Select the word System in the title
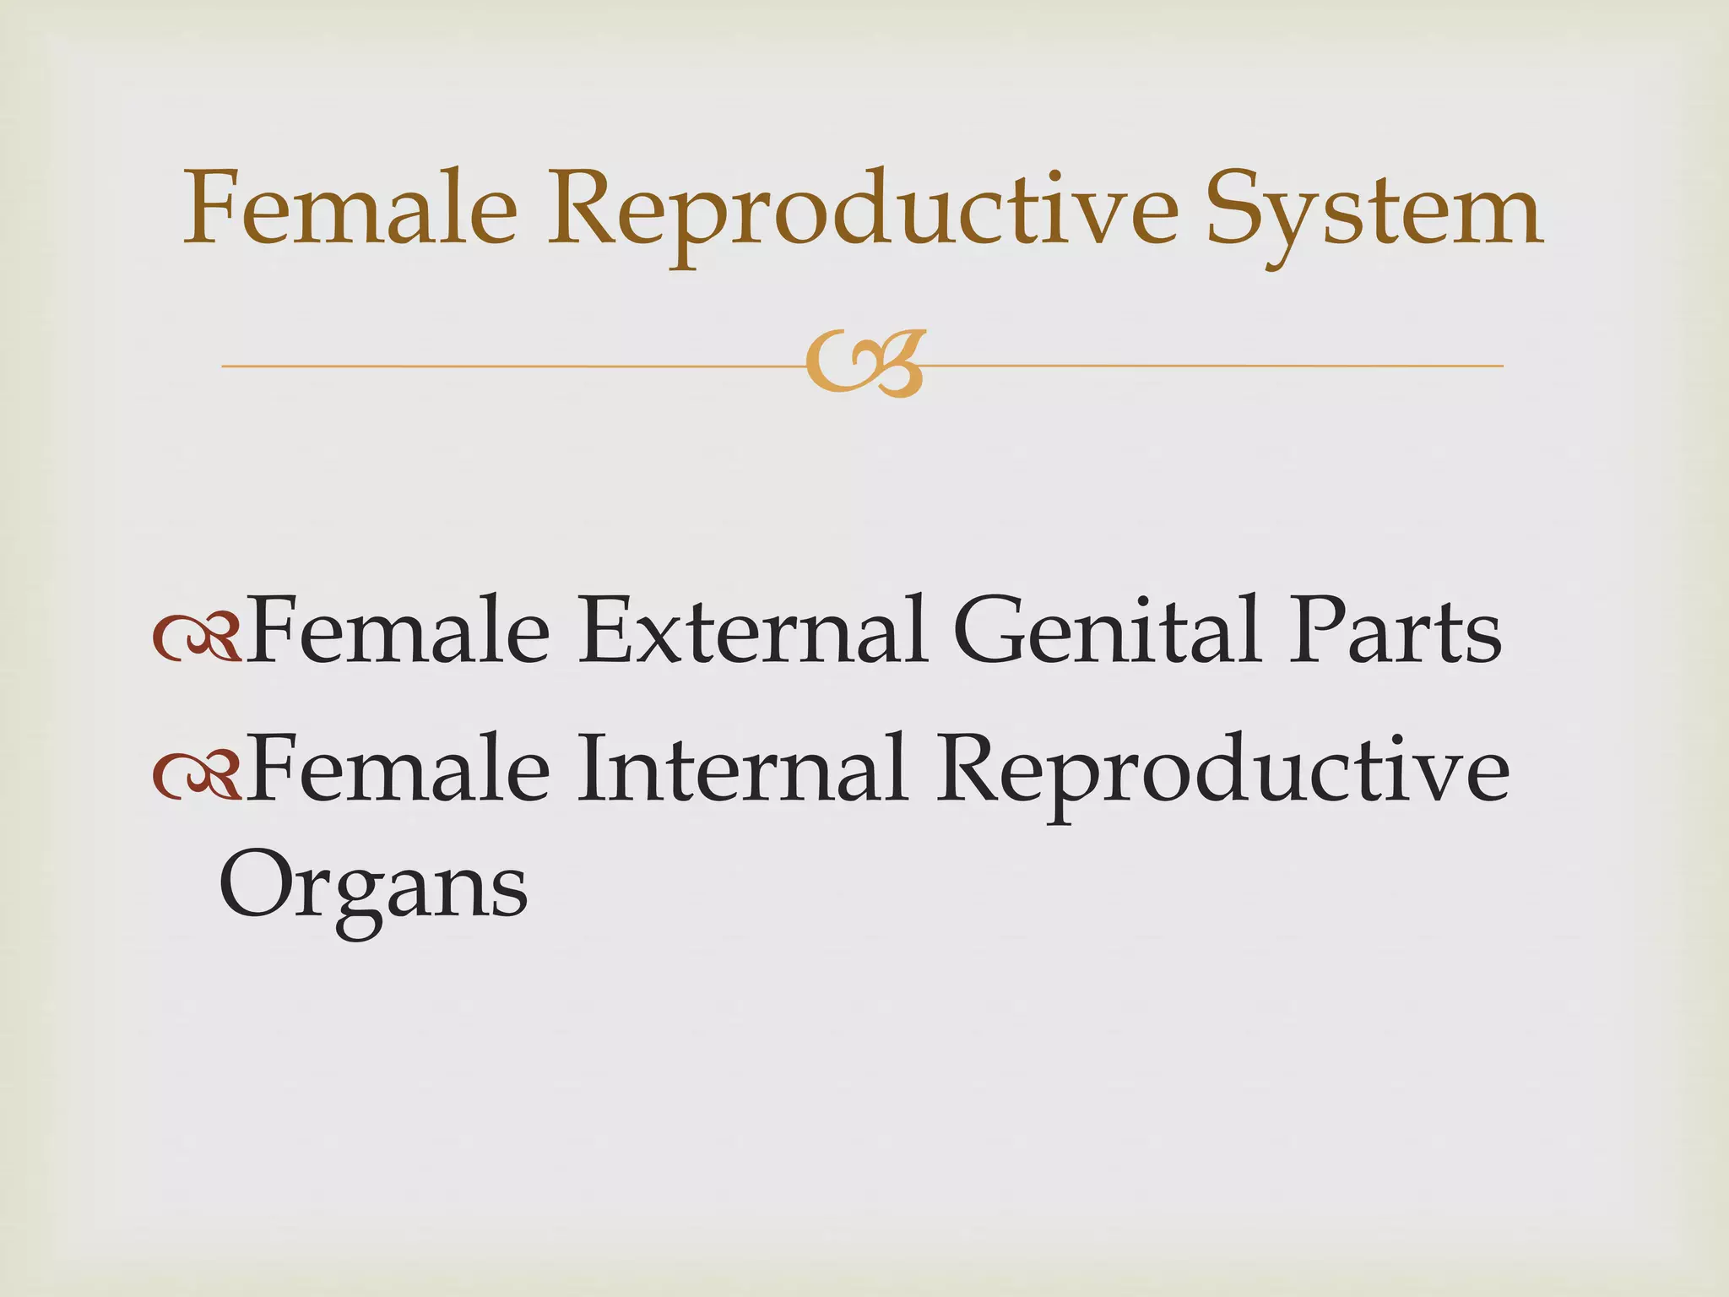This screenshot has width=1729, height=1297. tap(1374, 211)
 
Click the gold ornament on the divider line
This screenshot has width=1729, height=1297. tap(865, 364)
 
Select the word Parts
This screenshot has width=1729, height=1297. tap(1394, 632)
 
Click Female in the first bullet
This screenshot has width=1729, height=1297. tap(398, 632)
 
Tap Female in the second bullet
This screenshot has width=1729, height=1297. tap(398, 769)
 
